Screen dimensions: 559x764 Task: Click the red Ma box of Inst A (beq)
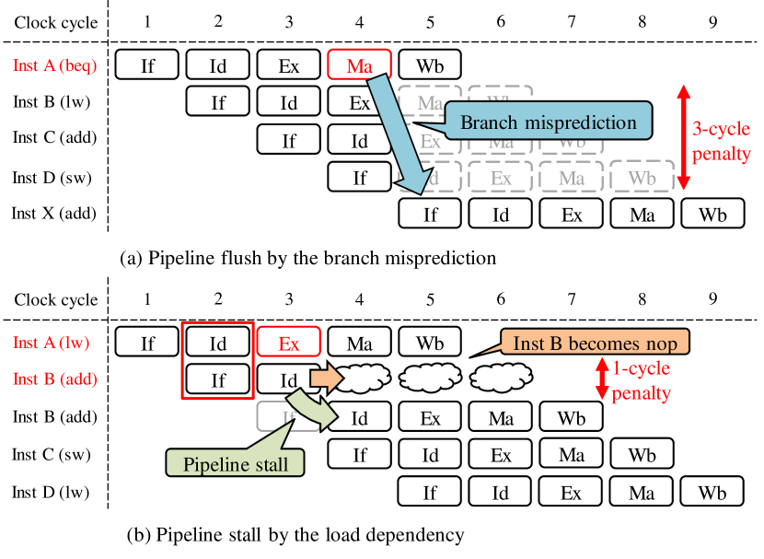coord(359,65)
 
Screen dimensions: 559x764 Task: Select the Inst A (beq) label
coord(54,66)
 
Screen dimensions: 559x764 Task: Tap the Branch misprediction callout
coord(548,122)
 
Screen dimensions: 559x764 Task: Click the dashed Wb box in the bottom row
coord(642,178)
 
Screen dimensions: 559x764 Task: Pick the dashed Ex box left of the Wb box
coord(500,178)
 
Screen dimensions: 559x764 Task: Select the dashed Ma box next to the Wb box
coord(571,178)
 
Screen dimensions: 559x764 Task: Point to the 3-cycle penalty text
coord(721,142)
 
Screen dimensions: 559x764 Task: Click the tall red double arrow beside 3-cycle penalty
coord(683,137)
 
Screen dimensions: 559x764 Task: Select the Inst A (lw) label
coord(52,343)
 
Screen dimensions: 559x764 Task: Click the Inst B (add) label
coord(55,378)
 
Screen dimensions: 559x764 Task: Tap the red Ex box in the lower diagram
coord(288,344)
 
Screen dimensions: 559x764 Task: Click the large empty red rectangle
coord(217,360)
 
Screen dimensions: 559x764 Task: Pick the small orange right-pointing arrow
coord(326,378)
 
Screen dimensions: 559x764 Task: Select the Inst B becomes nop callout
coord(594,344)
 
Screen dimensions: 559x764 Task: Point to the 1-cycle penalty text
coord(641,381)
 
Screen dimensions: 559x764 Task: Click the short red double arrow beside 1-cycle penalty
coord(602,378)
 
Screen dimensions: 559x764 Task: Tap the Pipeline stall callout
coord(236,464)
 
